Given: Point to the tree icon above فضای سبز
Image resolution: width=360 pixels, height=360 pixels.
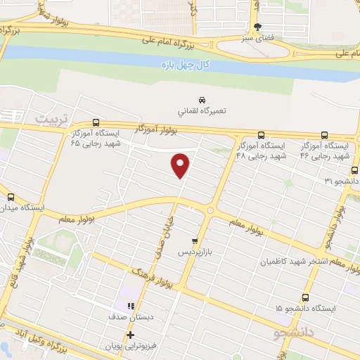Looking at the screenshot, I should pos(259,26).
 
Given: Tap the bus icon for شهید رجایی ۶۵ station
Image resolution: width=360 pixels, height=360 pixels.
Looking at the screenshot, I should pos(96,121).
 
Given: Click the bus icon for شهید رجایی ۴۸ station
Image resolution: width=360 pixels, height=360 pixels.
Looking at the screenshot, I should pos(261,134).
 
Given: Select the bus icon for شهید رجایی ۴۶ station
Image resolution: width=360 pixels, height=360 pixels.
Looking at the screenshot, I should pos(324,134).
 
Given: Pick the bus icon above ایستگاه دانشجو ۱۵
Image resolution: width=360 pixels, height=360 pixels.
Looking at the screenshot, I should pos(305,297).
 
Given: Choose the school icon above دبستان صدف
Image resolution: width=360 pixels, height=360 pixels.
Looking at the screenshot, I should pos(130,306).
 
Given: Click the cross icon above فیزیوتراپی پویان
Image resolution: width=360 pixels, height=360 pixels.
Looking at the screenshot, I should pos(130,335).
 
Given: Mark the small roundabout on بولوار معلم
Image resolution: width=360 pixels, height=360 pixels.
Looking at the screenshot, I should pos(210,210).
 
